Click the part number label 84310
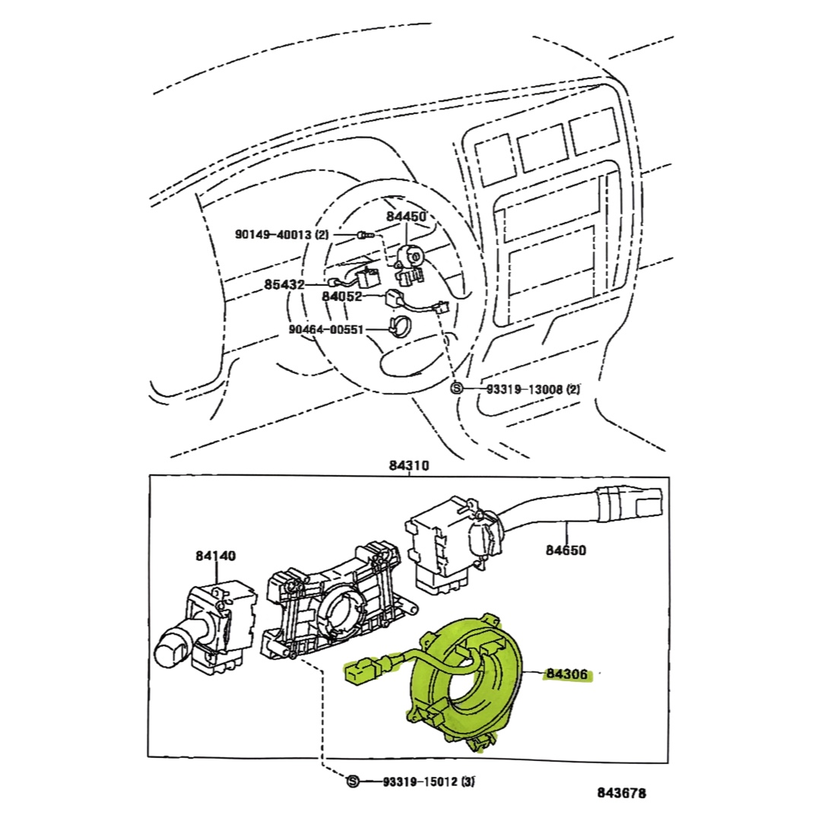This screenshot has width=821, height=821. pos(409,465)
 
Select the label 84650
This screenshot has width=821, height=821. pos(566,550)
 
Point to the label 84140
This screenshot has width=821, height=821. pos(215,556)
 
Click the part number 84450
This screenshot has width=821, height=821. pos(406,217)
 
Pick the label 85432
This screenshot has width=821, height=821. pos(284,284)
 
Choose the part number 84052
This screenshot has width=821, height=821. pos(341,296)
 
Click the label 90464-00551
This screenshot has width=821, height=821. pos(327,330)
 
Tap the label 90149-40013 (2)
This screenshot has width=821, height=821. pos(282,235)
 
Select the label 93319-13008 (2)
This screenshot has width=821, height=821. pos(533,388)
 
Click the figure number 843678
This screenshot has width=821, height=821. pos(621,794)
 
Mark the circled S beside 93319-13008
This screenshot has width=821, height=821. pos(456,388)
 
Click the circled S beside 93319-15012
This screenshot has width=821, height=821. pos(353,781)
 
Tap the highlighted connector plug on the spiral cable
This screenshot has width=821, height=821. pos(360,674)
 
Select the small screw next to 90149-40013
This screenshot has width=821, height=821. pos(364,236)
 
